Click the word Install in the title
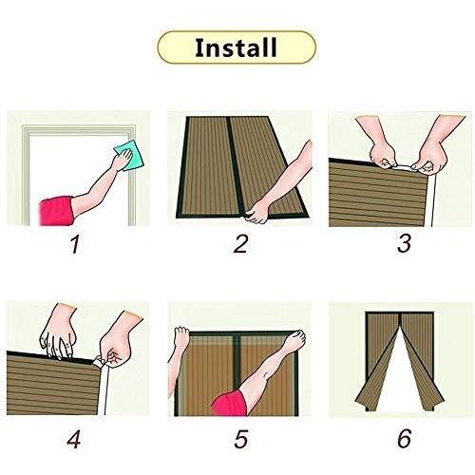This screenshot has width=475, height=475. (236, 47)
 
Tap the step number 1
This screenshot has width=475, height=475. (75, 244)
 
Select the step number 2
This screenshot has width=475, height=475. (240, 244)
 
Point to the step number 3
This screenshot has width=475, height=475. (405, 244)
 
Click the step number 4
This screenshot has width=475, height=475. (74, 439)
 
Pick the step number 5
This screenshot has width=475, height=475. (241, 439)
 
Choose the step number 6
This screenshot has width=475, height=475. (405, 439)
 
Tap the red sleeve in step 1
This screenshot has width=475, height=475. (56, 211)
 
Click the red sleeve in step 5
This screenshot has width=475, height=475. (231, 403)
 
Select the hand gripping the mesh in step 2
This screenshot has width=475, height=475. (257, 212)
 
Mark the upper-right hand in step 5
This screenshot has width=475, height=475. (294, 341)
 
